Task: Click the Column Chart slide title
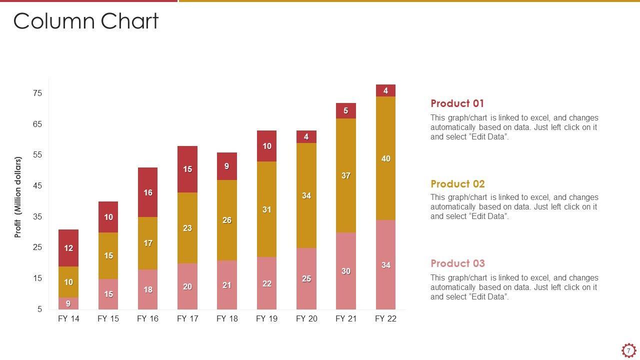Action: [x=85, y=21]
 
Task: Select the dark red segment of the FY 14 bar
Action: [x=68, y=248]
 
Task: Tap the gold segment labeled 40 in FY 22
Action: [x=385, y=158]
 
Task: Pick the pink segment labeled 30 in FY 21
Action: [x=345, y=271]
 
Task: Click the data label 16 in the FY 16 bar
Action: [x=148, y=192]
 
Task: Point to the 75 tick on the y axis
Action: [x=37, y=93]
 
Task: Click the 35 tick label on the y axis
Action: [x=37, y=217]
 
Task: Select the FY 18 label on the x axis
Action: [x=227, y=319]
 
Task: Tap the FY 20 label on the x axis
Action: [x=306, y=319]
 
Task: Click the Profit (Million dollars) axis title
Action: [x=18, y=197]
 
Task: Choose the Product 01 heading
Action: [x=457, y=103]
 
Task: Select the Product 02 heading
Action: [x=457, y=184]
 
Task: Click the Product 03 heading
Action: [x=457, y=263]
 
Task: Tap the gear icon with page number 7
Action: [x=628, y=350]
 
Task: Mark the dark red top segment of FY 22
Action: [x=385, y=90]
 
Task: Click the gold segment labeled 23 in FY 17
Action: [x=187, y=228]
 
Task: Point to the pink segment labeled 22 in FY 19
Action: [x=266, y=283]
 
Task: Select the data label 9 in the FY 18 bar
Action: [x=227, y=166]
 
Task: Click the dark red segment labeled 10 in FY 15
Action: [x=108, y=217]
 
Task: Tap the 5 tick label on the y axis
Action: [x=39, y=309]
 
